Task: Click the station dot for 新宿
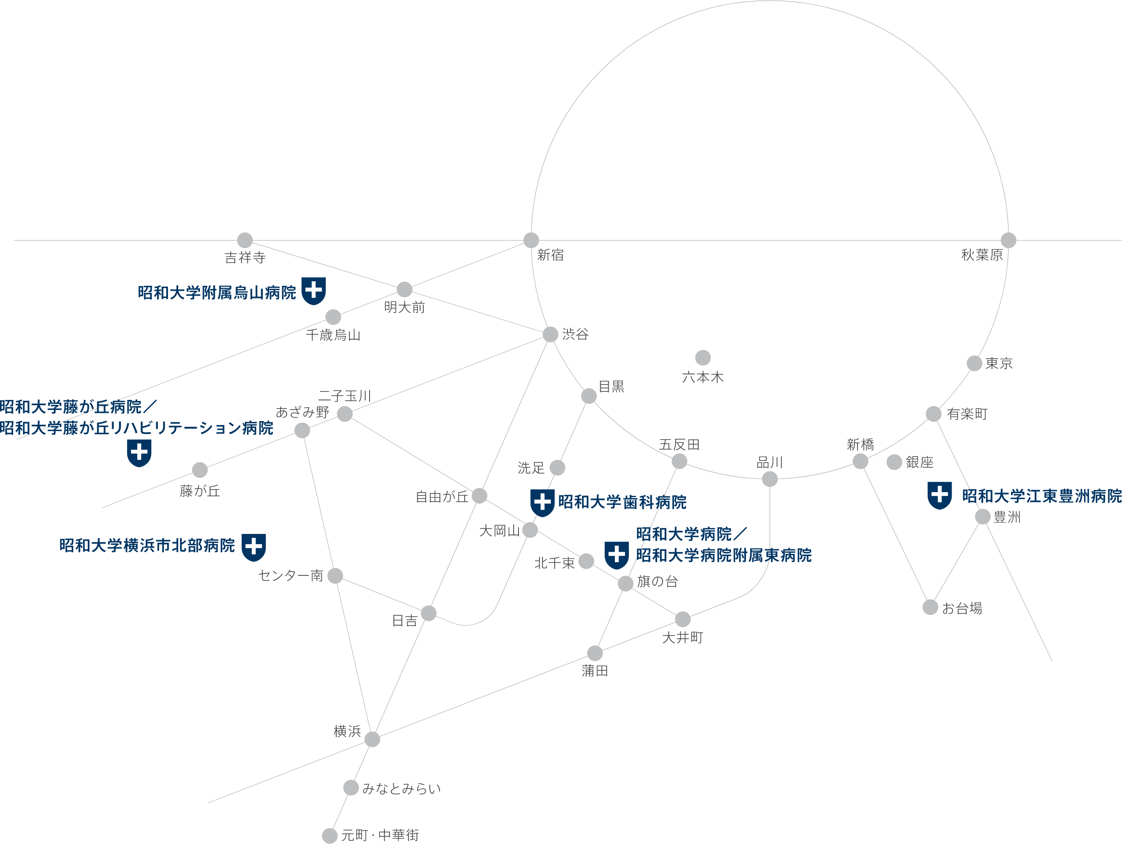(x=531, y=240)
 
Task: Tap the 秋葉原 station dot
(x=1008, y=240)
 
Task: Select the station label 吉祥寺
(x=245, y=258)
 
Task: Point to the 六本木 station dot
(x=703, y=357)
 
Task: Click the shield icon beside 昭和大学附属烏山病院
(x=313, y=291)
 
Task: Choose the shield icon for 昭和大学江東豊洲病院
(x=939, y=495)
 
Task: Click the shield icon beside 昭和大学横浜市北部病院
(x=254, y=547)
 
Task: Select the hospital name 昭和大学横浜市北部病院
(x=147, y=546)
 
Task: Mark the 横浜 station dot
(x=372, y=740)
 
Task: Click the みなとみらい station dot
(x=351, y=788)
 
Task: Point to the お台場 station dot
(x=930, y=607)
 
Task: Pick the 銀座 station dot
(x=894, y=462)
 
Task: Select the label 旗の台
(x=657, y=582)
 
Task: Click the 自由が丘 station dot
(x=479, y=495)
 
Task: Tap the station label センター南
(x=291, y=576)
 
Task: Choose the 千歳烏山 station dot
(x=333, y=317)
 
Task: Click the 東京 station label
(x=999, y=364)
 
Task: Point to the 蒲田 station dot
(x=595, y=653)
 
